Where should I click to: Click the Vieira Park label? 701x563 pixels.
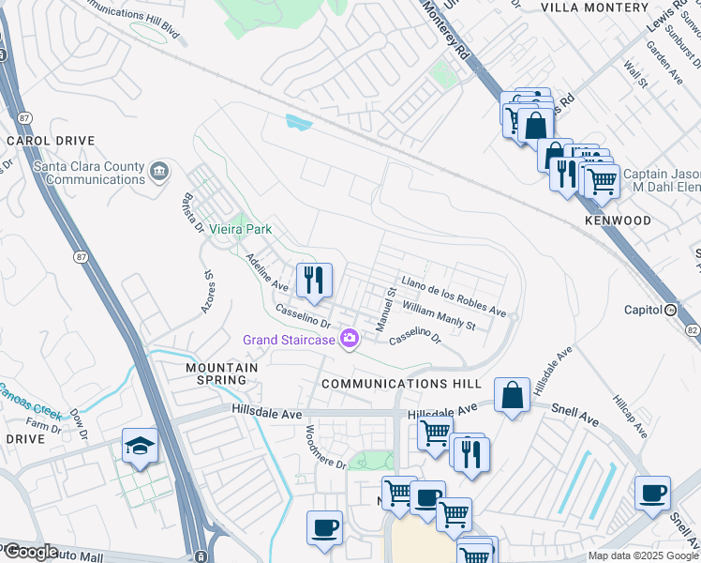tap(239, 229)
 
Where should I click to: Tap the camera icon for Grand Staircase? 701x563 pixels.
tap(350, 339)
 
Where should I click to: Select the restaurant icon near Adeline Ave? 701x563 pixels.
tap(314, 279)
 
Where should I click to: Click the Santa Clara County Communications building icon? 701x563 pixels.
tap(159, 172)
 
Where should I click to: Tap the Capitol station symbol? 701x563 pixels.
tap(670, 310)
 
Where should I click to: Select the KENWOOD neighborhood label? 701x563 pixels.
tap(618, 221)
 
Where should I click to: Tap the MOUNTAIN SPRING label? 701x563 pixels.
tap(221, 373)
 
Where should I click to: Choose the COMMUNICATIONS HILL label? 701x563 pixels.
tap(401, 384)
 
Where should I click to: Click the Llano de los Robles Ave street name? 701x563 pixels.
tap(454, 296)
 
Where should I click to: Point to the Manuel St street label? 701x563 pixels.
tap(382, 310)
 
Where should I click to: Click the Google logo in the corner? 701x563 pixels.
tap(30, 552)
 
